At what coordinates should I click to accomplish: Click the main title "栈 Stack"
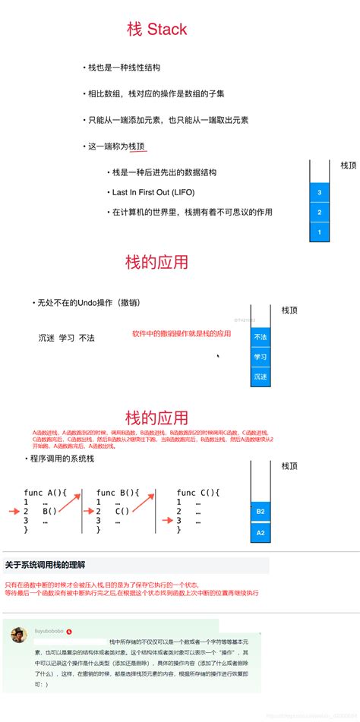(156, 30)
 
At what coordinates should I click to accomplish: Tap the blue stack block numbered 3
(320, 193)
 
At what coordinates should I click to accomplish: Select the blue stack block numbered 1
(320, 232)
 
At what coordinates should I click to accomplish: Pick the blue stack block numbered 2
(320, 213)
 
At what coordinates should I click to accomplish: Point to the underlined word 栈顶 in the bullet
(137, 146)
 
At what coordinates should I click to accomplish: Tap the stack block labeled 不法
(261, 337)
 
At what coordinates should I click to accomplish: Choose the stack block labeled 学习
(261, 357)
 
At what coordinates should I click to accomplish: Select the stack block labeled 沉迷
(261, 377)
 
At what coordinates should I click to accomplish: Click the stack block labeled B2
(261, 512)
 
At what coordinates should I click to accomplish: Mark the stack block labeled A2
(261, 534)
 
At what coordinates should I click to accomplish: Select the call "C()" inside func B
(122, 511)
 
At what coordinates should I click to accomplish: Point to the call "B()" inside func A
(49, 511)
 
